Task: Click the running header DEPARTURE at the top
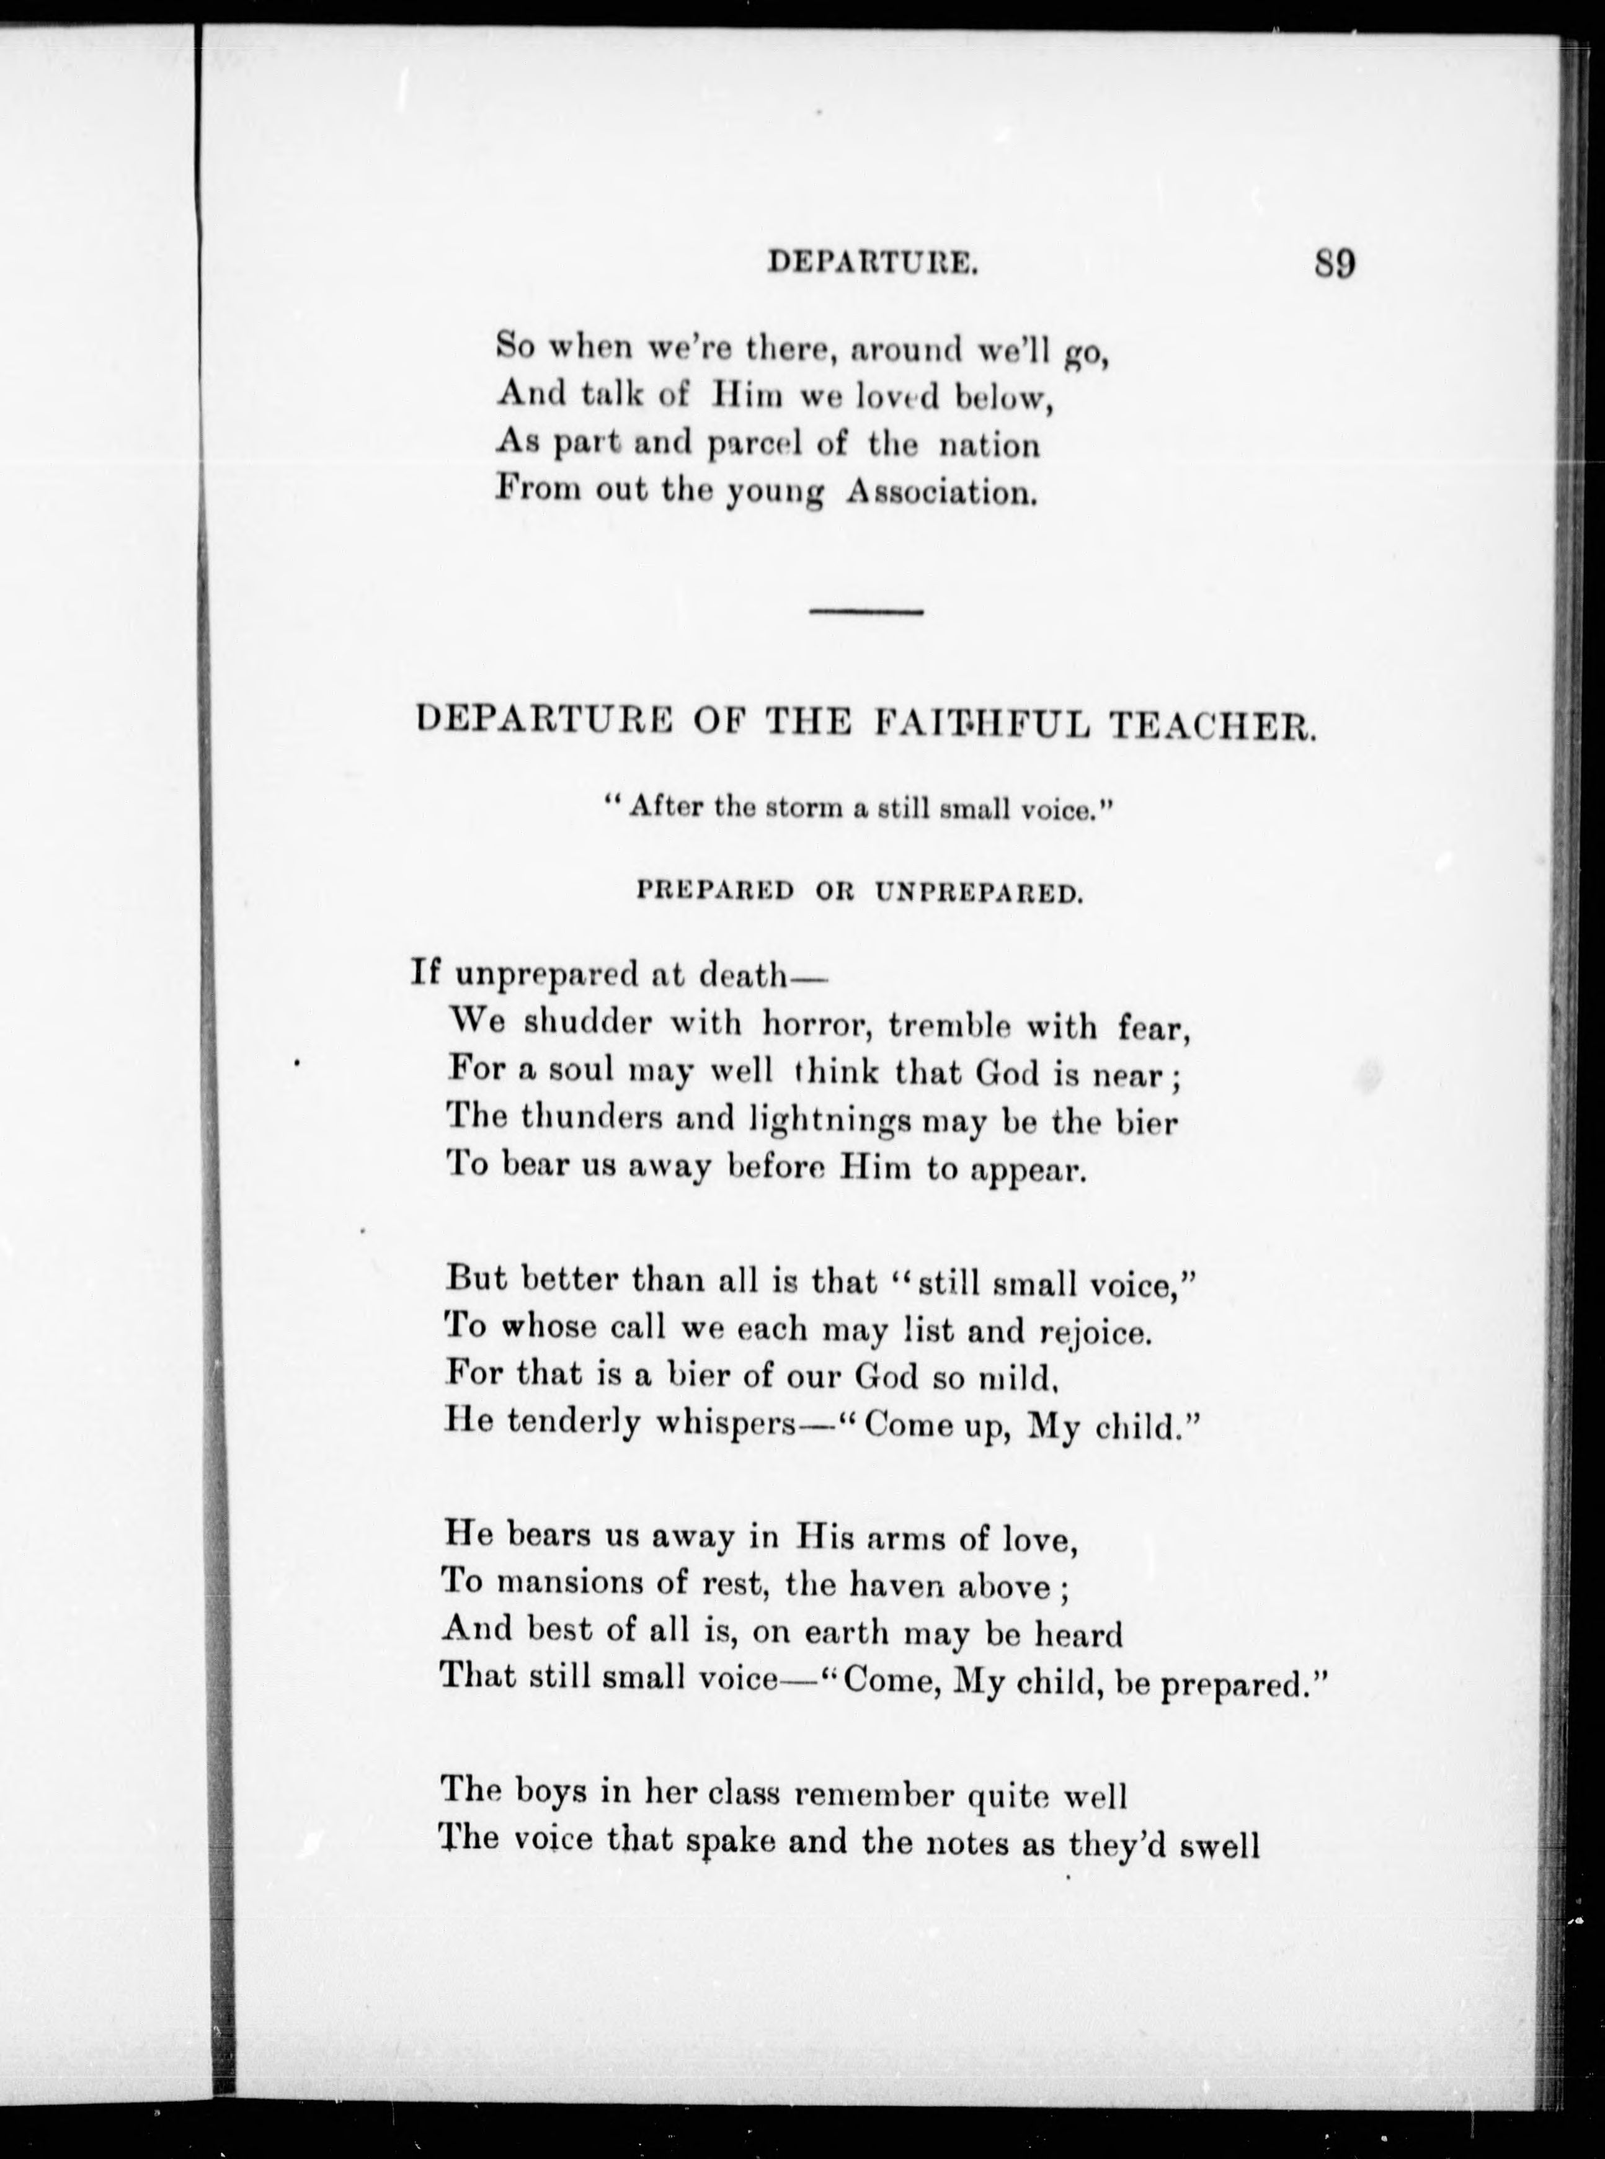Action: tap(871, 262)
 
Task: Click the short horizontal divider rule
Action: tap(866, 611)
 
